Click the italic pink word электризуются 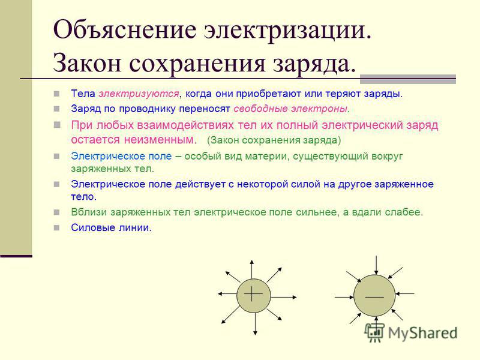139,94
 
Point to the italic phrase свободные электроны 290,109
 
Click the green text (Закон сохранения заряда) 274,140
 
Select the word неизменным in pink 159,140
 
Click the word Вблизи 89,212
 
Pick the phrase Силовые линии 112,227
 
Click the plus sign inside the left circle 253,294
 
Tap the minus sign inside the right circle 374,296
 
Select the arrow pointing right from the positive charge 284,297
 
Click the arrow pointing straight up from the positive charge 251,269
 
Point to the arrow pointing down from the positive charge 255,324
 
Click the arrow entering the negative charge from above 376,265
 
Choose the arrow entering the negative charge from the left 344,296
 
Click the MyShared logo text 422,333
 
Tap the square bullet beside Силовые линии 56,227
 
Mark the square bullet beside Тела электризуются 56,94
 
